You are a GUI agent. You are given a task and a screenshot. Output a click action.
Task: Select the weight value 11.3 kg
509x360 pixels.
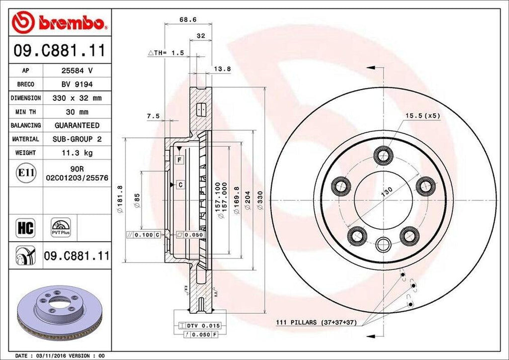[x=77, y=153]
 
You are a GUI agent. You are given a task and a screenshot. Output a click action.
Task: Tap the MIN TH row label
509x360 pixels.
[x=25, y=112]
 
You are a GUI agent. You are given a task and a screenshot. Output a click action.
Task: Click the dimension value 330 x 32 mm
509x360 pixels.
[x=77, y=98]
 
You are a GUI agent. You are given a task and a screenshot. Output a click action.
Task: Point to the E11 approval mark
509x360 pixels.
[x=25, y=173]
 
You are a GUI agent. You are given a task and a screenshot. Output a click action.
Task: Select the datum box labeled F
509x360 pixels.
[x=179, y=160]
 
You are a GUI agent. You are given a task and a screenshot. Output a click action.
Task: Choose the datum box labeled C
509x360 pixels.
[x=180, y=185]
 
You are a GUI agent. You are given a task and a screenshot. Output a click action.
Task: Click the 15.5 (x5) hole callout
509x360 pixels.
[x=423, y=115]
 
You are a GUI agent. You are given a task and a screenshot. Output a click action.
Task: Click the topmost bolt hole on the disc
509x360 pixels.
[x=382, y=156]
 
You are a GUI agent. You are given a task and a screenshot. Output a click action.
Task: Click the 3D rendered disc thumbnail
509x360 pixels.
[x=59, y=313]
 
